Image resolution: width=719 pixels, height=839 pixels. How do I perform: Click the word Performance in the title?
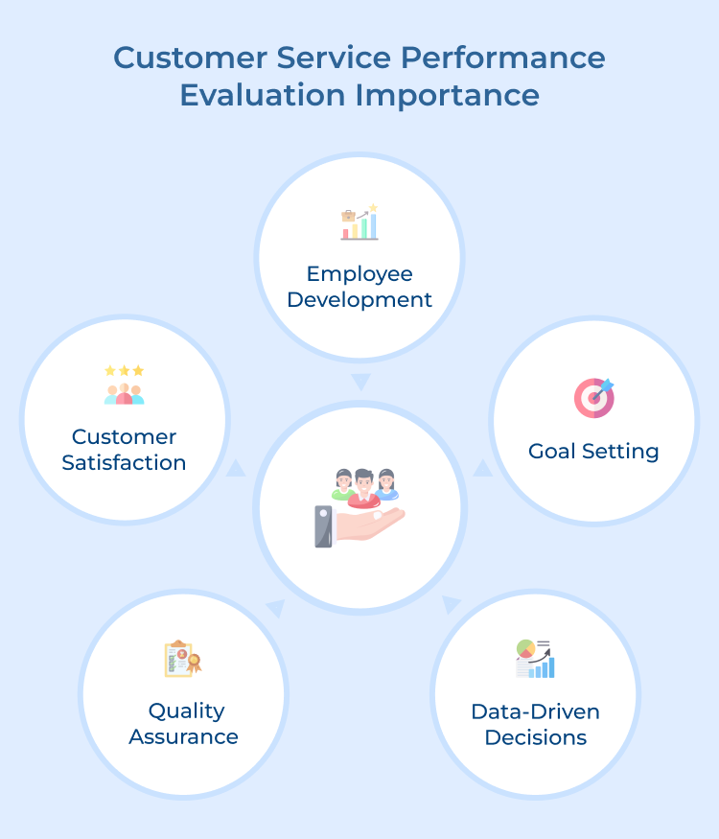pyautogui.click(x=502, y=58)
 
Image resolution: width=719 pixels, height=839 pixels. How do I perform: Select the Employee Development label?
pyautogui.click(x=359, y=287)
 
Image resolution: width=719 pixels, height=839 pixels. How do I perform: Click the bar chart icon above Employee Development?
pyautogui.click(x=359, y=222)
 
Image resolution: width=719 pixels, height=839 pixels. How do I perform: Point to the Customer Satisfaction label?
pyautogui.click(x=124, y=450)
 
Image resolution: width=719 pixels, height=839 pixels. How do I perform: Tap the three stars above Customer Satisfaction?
pyautogui.click(x=124, y=370)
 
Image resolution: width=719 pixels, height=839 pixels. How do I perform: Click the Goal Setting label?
pyautogui.click(x=593, y=451)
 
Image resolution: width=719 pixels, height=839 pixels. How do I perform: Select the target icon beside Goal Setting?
pyautogui.click(x=593, y=397)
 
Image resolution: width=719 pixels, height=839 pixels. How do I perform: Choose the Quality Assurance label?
pyautogui.click(x=183, y=724)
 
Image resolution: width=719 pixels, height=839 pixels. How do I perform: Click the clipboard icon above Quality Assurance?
pyautogui.click(x=179, y=659)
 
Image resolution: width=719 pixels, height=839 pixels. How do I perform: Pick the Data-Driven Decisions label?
pyautogui.click(x=535, y=725)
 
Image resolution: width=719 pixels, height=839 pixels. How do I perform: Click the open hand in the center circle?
pyautogui.click(x=369, y=524)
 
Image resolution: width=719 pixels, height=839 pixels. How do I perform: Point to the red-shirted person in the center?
pyautogui.click(x=361, y=488)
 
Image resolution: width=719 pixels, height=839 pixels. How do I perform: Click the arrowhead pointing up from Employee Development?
pyautogui.click(x=359, y=383)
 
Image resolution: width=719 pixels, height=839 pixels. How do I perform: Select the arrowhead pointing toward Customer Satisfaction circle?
pyautogui.click(x=236, y=468)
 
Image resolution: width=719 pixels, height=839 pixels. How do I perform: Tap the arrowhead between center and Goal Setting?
pyautogui.click(x=483, y=469)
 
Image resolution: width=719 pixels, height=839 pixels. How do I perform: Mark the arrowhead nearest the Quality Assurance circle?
pyautogui.click(x=275, y=608)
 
